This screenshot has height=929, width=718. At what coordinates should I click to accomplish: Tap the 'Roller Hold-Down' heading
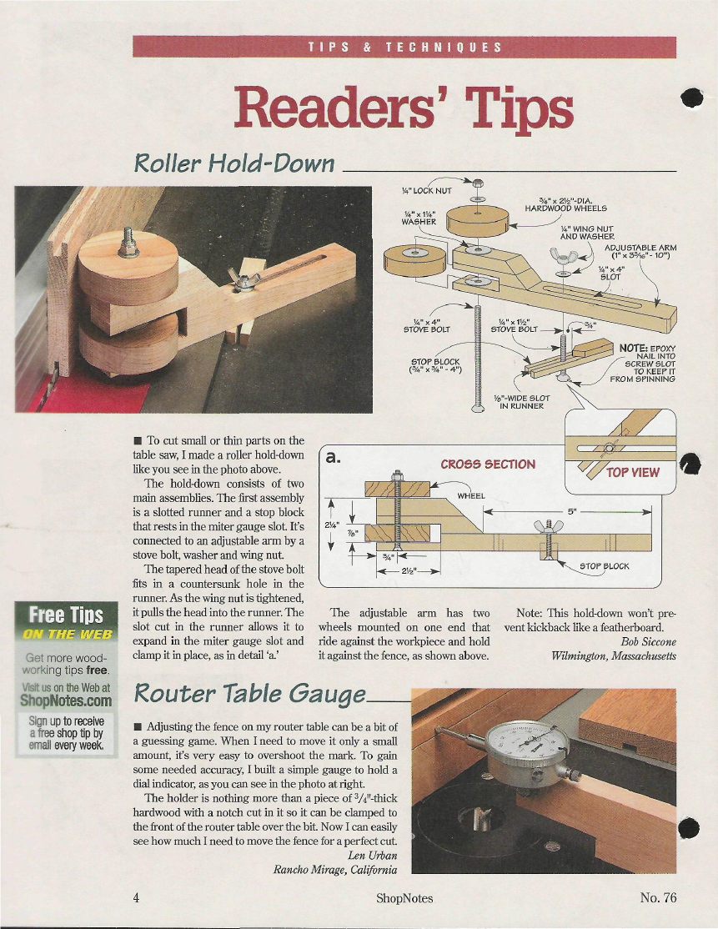point(234,163)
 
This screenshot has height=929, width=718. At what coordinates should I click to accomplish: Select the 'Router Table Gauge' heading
point(250,694)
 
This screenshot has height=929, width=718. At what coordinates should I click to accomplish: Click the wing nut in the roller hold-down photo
point(242,279)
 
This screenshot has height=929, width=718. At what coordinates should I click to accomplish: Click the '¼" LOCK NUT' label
point(426,191)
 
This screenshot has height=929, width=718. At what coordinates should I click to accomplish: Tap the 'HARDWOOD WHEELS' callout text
point(565,208)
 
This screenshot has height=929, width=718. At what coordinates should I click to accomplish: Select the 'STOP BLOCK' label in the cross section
point(605,565)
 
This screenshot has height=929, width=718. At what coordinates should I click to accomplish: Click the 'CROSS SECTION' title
point(488,464)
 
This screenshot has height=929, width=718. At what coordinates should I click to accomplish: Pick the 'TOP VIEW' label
point(633,472)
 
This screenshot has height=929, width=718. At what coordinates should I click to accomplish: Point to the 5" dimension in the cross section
point(572,511)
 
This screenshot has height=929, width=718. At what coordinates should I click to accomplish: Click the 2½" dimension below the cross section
point(409,572)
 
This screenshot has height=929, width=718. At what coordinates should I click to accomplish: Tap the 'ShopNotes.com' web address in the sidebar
point(66,701)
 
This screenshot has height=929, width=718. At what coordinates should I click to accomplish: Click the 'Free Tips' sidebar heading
point(66,615)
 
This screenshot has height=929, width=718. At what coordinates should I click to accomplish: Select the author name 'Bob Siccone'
point(648,641)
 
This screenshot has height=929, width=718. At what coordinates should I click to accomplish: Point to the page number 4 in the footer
point(136,897)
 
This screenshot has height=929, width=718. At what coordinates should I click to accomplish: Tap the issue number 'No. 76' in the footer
point(658,897)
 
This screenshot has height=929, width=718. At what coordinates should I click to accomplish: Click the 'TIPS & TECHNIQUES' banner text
point(404,48)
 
